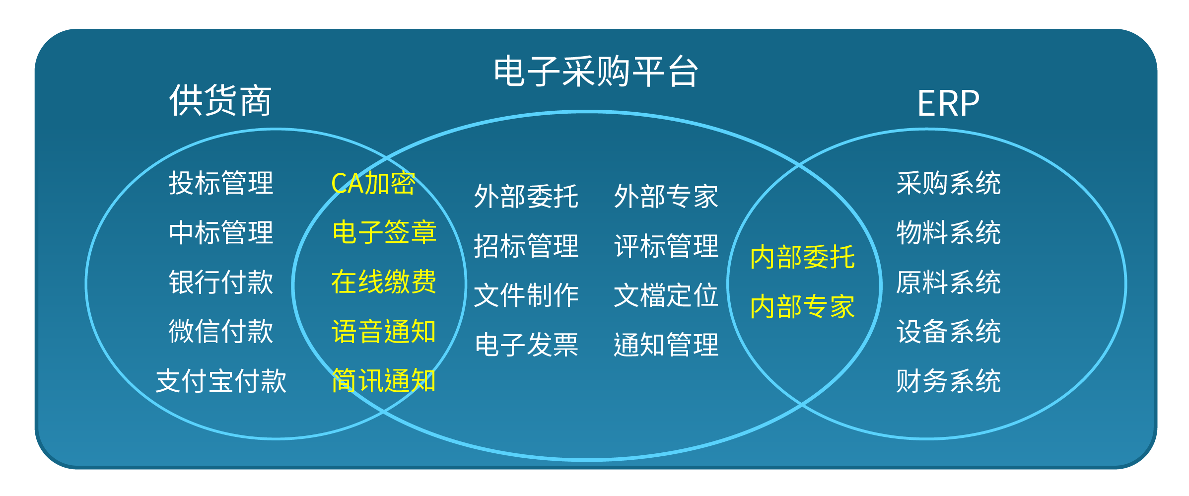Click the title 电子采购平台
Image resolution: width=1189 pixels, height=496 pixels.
click(x=596, y=71)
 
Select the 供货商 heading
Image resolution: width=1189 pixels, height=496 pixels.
click(x=220, y=100)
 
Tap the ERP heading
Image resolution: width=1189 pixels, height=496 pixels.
click(x=948, y=104)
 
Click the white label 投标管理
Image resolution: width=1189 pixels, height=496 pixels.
click(x=221, y=183)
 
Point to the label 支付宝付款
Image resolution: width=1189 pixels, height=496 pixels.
click(x=221, y=381)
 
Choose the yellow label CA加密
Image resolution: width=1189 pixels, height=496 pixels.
click(x=373, y=183)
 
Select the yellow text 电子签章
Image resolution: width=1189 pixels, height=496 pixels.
click(x=384, y=232)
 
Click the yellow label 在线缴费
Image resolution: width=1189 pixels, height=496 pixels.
click(x=384, y=282)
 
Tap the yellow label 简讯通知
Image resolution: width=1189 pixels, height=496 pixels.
click(x=384, y=381)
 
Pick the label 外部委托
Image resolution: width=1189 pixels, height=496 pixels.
click(x=526, y=196)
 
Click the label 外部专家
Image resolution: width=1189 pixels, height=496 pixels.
click(x=666, y=196)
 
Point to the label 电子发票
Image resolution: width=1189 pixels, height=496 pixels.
click(x=526, y=345)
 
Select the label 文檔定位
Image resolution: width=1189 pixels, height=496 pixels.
click(x=666, y=295)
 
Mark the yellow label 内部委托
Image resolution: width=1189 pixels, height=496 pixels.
click(x=803, y=257)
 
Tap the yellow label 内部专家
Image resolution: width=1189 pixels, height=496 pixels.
click(x=803, y=306)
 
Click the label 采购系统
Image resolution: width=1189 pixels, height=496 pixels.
click(x=949, y=183)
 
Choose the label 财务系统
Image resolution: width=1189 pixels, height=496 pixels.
click(x=949, y=381)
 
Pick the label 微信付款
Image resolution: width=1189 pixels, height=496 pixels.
click(x=221, y=331)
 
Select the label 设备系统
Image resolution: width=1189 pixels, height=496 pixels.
click(x=949, y=331)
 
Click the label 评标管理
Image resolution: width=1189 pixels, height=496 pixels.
click(x=666, y=246)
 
